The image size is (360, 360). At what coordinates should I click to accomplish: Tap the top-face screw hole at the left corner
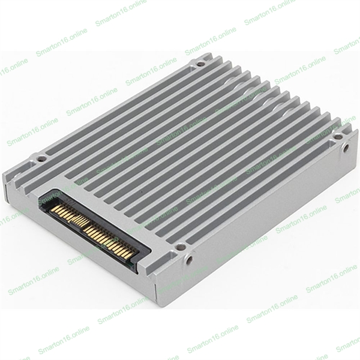coord(41,158)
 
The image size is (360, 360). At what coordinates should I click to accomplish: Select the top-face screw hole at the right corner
coord(337,137)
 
